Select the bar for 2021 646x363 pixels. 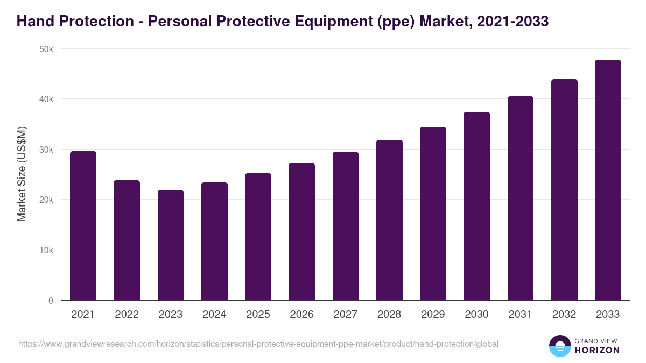[83, 226]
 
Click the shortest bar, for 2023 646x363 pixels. [171, 245]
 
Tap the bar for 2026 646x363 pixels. [301, 232]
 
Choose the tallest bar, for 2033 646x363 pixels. [608, 180]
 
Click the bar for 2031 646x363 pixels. [520, 198]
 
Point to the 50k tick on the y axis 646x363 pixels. [47, 49]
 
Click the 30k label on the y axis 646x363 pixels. [47, 150]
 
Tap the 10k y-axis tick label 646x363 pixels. [47, 250]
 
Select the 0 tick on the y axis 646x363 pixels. [51, 301]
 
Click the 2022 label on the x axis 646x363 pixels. [127, 315]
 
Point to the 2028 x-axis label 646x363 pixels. [389, 315]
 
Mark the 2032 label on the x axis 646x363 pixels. [564, 315]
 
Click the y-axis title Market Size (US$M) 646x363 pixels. [22, 174]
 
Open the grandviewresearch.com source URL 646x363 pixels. [258, 344]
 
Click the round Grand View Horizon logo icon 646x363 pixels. [560, 346]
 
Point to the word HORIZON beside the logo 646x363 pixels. [598, 350]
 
